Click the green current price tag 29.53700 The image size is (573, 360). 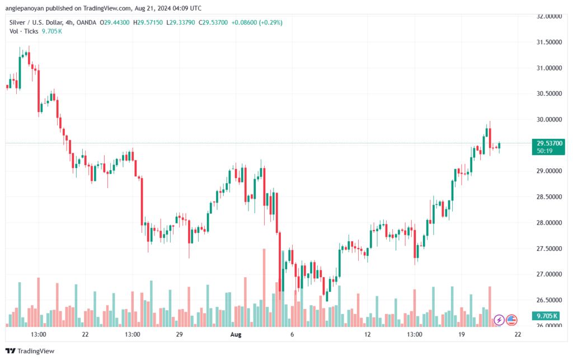tap(543, 143)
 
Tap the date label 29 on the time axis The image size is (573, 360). tap(179, 334)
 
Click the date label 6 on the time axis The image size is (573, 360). tap(292, 334)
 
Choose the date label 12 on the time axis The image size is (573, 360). tap(368, 334)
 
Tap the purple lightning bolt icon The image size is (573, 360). tap(498, 320)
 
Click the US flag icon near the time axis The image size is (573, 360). tap(511, 320)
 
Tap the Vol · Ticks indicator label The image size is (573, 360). tap(24, 31)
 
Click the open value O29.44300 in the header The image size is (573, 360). tap(115, 22)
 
